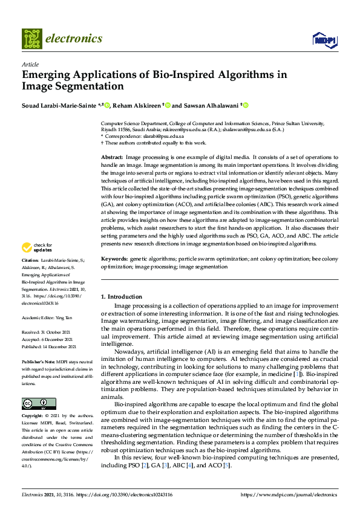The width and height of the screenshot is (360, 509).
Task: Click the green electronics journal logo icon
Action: click(x=33, y=39)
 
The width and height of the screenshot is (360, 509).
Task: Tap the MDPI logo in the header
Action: click(x=324, y=40)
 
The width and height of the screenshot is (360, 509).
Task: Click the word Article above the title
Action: click(x=30, y=64)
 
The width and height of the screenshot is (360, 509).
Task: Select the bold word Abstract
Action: click(x=111, y=157)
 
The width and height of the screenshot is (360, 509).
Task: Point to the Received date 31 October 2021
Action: click(x=54, y=332)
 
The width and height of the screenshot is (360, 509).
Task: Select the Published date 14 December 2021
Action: click(x=57, y=346)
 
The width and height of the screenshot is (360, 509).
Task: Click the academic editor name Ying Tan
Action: click(x=66, y=317)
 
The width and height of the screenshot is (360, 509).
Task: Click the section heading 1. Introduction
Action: click(x=121, y=297)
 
